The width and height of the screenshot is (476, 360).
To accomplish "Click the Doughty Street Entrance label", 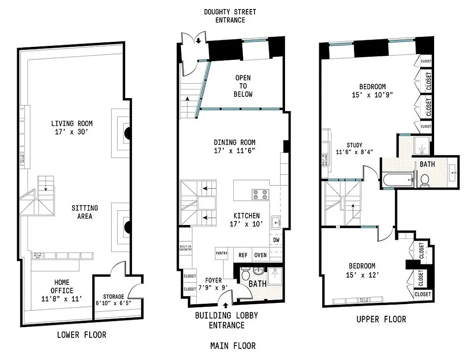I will (x=231, y=16).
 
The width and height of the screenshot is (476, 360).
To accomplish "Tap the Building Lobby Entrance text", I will (x=226, y=320).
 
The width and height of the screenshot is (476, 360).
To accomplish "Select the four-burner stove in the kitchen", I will (x=260, y=194).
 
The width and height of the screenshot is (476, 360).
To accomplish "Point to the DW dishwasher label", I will (x=276, y=240).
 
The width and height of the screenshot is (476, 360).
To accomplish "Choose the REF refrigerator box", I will (x=243, y=255).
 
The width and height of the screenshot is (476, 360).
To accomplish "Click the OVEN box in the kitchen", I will (x=261, y=255).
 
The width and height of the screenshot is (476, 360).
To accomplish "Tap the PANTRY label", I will (x=222, y=253).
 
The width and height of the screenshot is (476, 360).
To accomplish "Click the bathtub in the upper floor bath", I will (x=399, y=181).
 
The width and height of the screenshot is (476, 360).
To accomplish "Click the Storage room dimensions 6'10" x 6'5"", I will (x=113, y=303).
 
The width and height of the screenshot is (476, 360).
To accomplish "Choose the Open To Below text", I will (x=243, y=86).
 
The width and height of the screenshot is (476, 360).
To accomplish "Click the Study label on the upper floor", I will (x=354, y=145).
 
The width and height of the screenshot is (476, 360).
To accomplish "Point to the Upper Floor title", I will (x=381, y=319).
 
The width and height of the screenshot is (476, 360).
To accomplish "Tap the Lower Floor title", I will (x=82, y=335).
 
